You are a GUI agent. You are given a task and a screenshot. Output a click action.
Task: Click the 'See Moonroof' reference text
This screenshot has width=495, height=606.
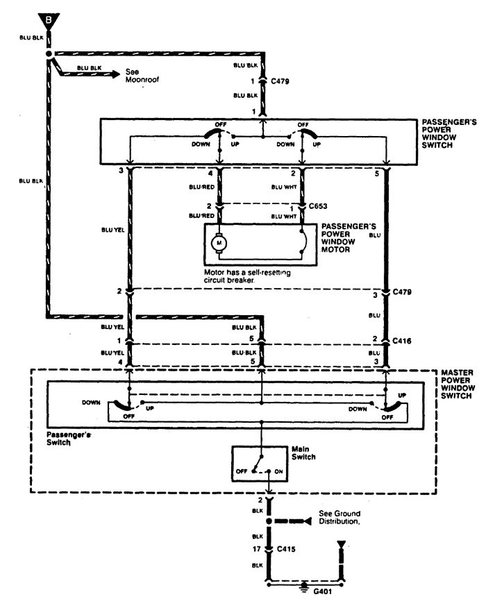click(142, 76)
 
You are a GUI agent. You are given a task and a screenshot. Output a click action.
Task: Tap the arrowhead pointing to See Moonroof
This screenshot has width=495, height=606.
click(115, 74)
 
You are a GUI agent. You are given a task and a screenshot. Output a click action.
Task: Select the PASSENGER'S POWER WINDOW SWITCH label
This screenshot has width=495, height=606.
click(449, 134)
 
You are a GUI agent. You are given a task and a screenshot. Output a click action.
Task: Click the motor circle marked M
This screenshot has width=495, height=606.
click(219, 243)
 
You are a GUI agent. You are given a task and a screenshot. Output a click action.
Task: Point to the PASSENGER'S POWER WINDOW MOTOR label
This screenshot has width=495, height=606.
click(348, 238)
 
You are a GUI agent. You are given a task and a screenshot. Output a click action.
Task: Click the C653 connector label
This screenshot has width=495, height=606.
click(318, 206)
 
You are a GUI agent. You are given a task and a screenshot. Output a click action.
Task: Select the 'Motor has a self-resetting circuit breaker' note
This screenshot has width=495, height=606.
click(247, 276)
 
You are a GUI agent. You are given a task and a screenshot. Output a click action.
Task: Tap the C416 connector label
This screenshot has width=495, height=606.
click(402, 341)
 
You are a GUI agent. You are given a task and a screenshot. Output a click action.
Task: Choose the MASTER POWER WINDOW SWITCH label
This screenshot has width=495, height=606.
click(458, 384)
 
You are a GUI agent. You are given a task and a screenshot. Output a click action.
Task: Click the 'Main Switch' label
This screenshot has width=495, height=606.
click(303, 453)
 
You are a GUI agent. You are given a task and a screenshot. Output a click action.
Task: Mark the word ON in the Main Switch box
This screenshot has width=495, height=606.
click(278, 471)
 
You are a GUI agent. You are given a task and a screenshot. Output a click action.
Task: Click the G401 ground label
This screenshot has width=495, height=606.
click(322, 591)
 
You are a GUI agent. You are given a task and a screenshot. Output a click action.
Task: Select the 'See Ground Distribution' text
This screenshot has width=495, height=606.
click(339, 518)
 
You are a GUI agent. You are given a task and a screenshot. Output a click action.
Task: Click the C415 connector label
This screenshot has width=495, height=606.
click(286, 549)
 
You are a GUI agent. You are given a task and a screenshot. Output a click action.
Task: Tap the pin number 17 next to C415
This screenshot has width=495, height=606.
click(257, 549)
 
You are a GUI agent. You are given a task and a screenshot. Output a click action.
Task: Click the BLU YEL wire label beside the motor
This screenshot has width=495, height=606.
click(113, 230)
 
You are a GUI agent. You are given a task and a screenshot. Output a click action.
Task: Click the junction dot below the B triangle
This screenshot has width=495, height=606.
click(49, 54)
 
